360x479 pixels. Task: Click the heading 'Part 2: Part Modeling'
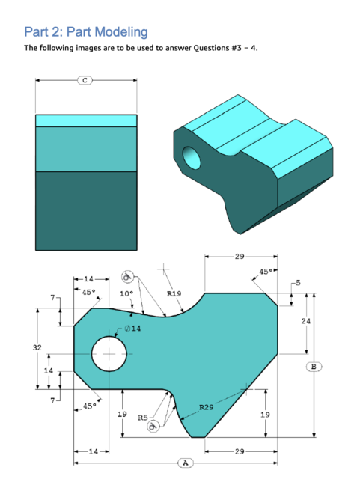coord(86,31)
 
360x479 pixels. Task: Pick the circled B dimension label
coord(314,366)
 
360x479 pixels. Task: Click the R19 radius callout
coord(174,294)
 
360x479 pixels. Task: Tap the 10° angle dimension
coord(126,293)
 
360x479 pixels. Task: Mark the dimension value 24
coord(305,320)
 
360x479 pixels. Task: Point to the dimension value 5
coord(298,282)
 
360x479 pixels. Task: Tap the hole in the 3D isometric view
coord(191,156)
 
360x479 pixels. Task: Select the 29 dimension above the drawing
coord(239,257)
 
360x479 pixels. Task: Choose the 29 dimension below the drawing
coord(239,452)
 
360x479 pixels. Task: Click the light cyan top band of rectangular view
coord(86,120)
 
